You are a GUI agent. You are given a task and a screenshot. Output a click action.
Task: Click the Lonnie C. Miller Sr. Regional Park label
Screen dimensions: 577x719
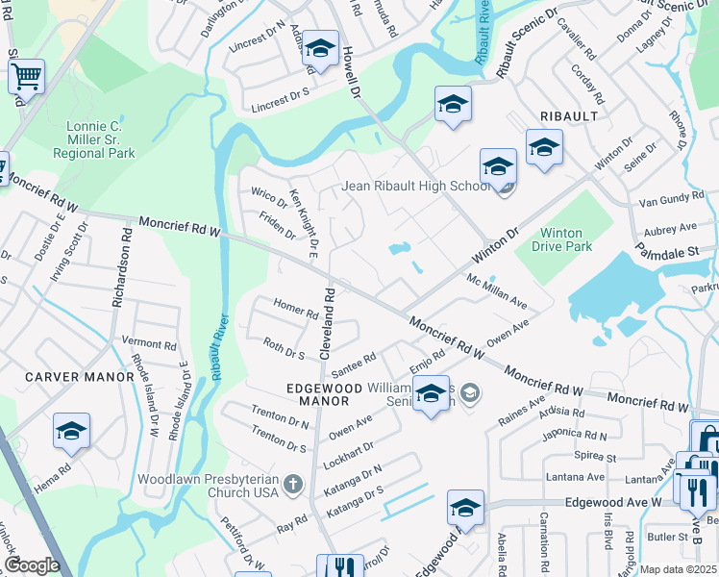[x=93, y=139]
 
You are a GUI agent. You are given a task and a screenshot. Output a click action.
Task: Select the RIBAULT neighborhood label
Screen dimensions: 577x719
[x=568, y=116]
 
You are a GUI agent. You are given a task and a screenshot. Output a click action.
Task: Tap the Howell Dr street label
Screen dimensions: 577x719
[x=350, y=73]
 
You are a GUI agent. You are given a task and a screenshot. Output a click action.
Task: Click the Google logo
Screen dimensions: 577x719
[x=32, y=565]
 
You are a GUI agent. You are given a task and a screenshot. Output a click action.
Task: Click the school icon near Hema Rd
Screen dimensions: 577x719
[x=71, y=432]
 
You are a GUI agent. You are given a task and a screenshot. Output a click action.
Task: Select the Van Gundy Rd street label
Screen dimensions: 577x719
[x=672, y=203]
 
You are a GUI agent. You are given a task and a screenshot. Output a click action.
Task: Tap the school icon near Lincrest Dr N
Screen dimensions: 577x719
[x=320, y=49]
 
